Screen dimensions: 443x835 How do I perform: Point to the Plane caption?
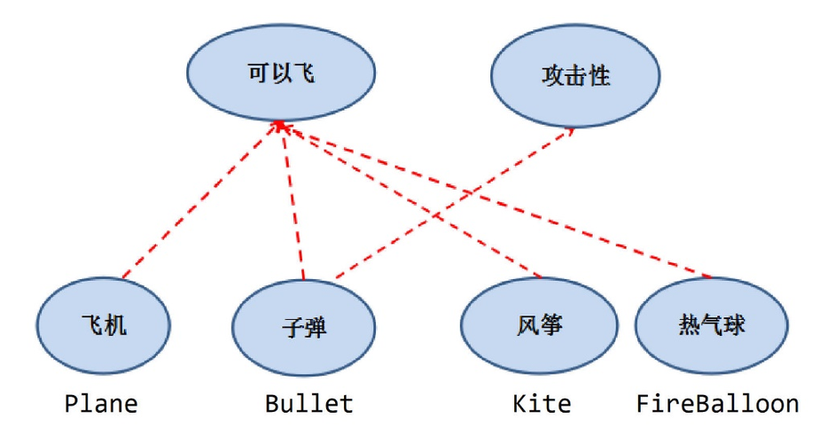pyautogui.click(x=101, y=404)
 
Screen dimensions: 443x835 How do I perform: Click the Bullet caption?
pyautogui.click(x=308, y=404)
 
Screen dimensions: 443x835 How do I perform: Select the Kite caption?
pyautogui.click(x=542, y=404)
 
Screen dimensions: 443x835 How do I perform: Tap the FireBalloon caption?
pyautogui.click(x=717, y=404)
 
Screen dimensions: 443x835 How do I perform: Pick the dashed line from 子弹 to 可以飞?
pyautogui.click(x=293, y=204)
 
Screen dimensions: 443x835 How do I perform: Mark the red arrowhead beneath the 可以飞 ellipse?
pyautogui.click(x=281, y=127)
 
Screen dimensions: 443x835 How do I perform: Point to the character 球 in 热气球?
pyautogui.click(x=732, y=324)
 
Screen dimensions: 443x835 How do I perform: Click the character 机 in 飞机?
pyautogui.click(x=116, y=326)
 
